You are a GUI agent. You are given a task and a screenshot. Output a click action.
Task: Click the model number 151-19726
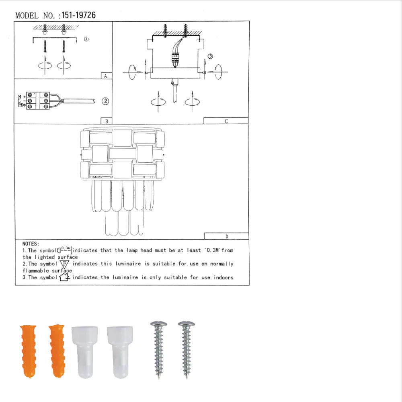tap(78, 16)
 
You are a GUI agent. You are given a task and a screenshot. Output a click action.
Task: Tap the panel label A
tap(105, 76)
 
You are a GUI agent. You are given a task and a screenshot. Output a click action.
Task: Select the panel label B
tap(106, 121)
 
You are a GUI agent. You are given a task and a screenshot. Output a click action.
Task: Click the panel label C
tap(226, 121)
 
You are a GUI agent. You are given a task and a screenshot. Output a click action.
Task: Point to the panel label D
tap(226, 236)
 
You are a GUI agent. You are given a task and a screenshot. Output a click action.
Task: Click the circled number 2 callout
tap(105, 101)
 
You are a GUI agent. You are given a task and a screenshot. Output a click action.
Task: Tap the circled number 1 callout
tap(86, 39)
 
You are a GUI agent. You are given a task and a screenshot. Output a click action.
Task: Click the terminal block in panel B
tap(37, 101)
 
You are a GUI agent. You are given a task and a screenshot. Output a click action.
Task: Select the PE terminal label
tap(21, 106)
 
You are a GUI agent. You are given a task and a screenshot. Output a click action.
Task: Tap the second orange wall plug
tap(57, 351)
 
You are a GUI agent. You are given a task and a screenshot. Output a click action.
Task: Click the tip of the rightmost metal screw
tap(186, 377)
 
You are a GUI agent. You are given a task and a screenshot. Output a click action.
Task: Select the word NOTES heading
tap(31, 244)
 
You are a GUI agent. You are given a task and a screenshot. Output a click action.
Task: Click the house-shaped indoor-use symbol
tap(64, 277)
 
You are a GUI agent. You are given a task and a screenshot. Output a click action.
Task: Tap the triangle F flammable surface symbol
tap(64, 264)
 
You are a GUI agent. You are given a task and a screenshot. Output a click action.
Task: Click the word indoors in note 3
tap(223, 277)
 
